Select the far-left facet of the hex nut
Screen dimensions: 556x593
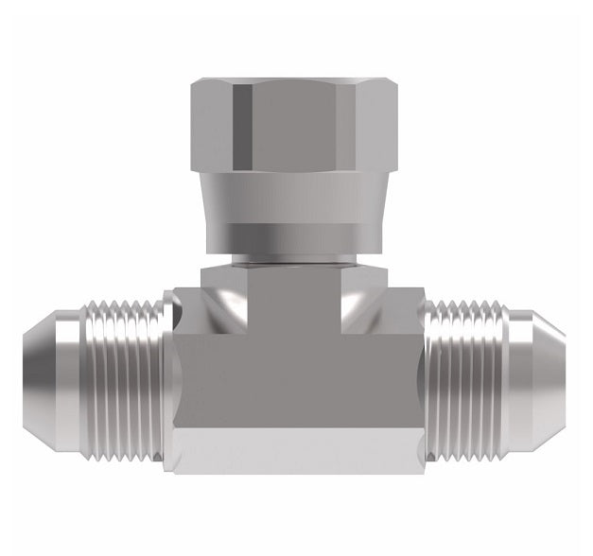click(211, 125)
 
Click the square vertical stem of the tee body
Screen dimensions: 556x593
click(295, 303)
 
